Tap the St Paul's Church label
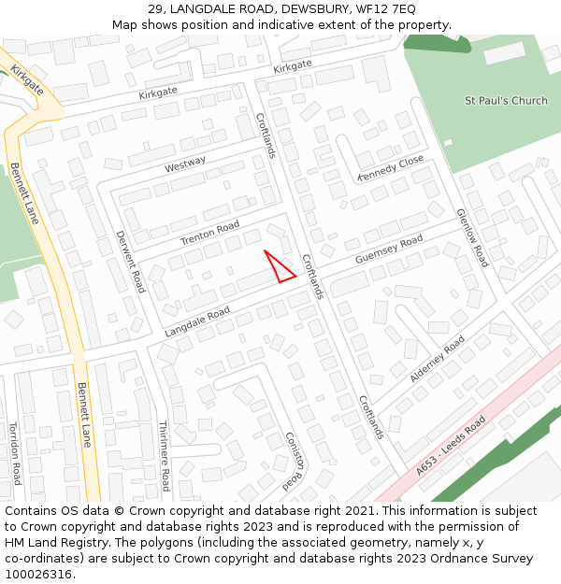[506, 101]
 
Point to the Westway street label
[185, 164]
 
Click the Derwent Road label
[130, 262]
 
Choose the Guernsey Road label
[389, 249]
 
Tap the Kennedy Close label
[391, 168]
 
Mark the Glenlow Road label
[472, 237]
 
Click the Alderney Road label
[437, 360]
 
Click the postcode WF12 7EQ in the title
[384, 9]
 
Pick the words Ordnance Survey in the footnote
[482, 559]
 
